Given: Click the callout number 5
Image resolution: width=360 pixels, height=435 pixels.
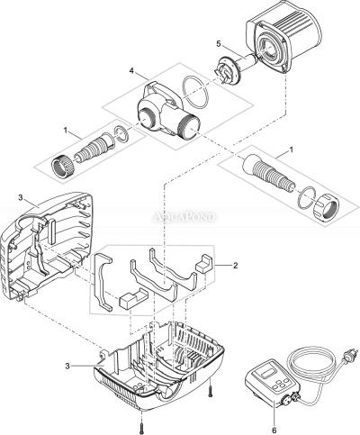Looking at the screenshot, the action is pos(218,44).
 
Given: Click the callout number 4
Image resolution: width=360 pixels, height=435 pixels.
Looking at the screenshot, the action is pos(131,71).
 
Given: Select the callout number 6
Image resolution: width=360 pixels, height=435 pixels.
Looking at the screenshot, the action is pos(274,430).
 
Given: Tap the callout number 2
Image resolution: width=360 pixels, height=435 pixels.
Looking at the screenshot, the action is pos(236,266).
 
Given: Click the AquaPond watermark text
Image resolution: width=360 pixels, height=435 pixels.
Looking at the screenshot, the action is pos(184,217).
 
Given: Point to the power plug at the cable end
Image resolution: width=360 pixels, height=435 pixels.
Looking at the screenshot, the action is pos(351,353).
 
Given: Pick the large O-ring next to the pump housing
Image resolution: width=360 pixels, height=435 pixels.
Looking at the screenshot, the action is pos(195,92).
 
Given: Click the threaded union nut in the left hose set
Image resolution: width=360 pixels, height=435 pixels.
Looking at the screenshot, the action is pos(62,167).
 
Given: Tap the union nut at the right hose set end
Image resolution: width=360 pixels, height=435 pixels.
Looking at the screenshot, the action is pos(327,210).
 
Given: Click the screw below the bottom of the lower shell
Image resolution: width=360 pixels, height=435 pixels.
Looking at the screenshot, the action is pos(141,424).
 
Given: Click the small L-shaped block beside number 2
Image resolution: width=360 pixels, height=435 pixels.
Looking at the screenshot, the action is pos(204,264).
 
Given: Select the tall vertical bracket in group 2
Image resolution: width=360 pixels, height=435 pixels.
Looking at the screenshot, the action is pos(103,282).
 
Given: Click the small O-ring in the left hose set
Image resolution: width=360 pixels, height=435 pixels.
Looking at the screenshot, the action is pos(121,134).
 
